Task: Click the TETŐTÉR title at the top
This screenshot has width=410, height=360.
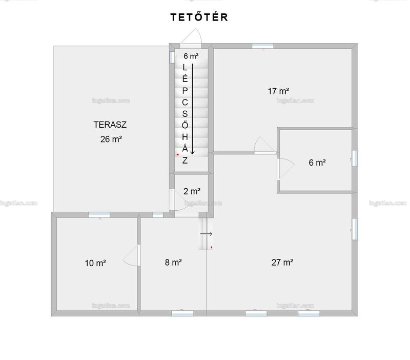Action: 199,17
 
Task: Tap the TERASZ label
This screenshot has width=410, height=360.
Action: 110,125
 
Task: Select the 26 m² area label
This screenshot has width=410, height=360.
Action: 111,139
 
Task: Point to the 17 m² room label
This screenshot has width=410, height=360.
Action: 278,91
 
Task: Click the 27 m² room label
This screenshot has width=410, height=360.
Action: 282,262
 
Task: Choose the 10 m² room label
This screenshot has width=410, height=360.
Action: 95,263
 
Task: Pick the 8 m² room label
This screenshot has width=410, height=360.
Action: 173,262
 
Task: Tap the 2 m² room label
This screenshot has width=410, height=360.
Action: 192,191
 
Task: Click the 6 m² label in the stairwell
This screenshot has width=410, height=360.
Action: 191,56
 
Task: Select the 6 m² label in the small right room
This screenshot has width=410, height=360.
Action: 317,163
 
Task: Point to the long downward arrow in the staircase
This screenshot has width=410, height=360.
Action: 193,109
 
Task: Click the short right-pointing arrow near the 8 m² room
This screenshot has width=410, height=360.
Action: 206,234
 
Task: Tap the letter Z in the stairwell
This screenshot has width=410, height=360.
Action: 185,161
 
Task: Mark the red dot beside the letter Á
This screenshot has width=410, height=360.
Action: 178,155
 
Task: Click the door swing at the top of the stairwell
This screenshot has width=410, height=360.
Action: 191,37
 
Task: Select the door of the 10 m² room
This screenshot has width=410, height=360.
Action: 132,256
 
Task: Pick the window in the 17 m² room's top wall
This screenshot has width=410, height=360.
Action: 263,46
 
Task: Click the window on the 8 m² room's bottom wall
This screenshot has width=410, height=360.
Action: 182,313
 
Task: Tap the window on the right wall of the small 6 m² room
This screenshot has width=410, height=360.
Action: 354,158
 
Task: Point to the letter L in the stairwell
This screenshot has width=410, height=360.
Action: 185,68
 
